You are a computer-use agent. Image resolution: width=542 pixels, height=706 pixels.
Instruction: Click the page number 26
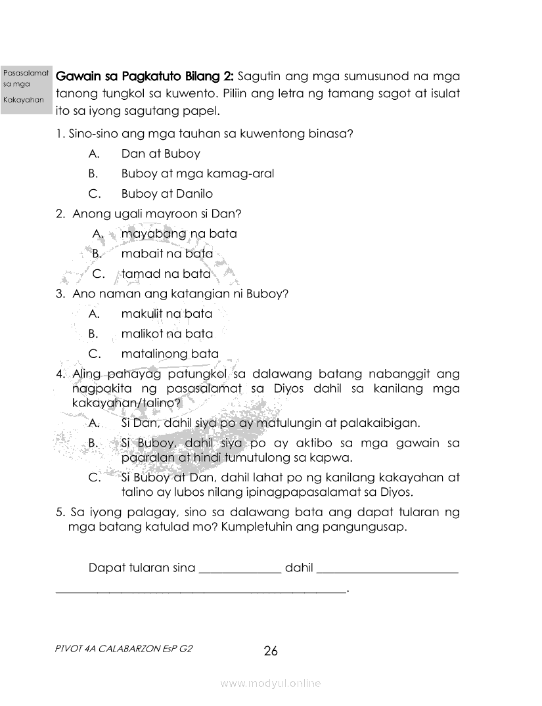pyautogui.click(x=271, y=651)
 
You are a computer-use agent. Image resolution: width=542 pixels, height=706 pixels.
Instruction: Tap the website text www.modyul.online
pyautogui.click(x=271, y=684)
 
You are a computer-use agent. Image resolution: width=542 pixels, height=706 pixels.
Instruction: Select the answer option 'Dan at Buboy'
pyautogui.click(x=160, y=154)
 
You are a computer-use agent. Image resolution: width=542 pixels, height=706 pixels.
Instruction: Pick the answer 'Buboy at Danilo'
pyautogui.click(x=167, y=194)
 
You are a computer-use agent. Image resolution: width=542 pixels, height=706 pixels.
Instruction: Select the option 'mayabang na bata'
pyautogui.click(x=179, y=234)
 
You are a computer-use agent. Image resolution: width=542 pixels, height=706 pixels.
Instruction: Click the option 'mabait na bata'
pyautogui.click(x=167, y=254)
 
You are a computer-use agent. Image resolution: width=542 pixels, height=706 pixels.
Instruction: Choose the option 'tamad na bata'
pyautogui.click(x=166, y=274)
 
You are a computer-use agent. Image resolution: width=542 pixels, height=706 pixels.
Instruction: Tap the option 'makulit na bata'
pyautogui.click(x=167, y=314)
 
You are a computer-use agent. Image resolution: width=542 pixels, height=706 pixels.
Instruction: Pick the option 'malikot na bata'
pyautogui.click(x=167, y=334)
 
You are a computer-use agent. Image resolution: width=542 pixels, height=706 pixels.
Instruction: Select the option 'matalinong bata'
pyautogui.click(x=169, y=354)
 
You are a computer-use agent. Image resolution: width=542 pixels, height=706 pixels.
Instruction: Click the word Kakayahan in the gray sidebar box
pyautogui.click(x=23, y=100)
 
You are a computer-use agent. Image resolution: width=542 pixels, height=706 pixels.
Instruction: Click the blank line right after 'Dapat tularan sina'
pyautogui.click(x=240, y=568)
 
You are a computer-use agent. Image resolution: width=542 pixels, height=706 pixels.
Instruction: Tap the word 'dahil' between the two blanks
pyautogui.click(x=299, y=567)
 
